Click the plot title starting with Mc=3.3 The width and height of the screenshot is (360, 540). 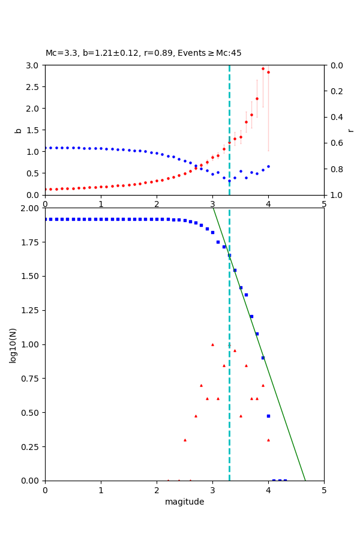[143, 53]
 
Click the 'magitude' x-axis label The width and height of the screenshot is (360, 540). [184, 502]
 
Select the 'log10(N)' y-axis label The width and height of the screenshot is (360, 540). [13, 344]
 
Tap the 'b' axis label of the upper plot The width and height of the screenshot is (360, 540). [18, 130]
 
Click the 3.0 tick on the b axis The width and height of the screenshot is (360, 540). [33, 65]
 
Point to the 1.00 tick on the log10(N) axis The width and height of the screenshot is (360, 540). [29, 344]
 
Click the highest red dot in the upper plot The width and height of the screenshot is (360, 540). [263, 68]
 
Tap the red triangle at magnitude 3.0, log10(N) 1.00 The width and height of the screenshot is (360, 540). [212, 344]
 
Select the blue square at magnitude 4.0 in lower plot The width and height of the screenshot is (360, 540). [268, 416]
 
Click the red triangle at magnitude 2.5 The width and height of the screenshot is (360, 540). [185, 440]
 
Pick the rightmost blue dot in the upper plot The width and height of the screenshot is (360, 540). [268, 166]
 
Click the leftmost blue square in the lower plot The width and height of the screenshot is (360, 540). [46, 219]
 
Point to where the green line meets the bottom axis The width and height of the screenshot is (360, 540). [305, 480]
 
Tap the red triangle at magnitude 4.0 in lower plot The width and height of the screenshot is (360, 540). [268, 440]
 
